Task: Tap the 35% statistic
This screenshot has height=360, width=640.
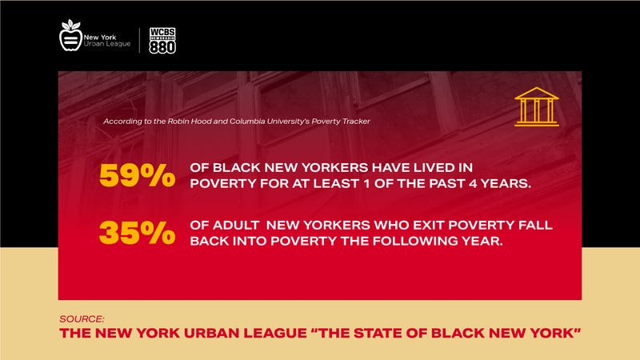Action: point(137,232)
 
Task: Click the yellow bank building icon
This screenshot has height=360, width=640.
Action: point(536,106)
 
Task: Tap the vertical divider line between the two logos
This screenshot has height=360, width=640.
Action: point(141,39)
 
